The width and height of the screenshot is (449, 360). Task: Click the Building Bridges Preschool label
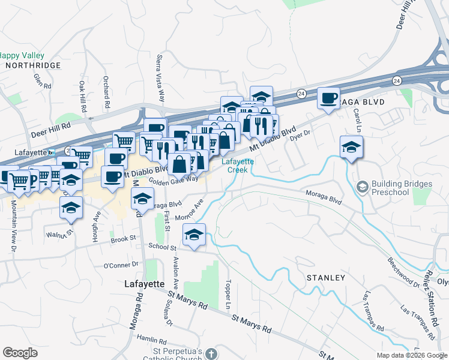(x=390, y=188)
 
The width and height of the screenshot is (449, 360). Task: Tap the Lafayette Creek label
(x=238, y=165)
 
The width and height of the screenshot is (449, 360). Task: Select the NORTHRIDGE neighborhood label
(x=33, y=65)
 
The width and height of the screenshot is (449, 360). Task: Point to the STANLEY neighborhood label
(x=326, y=278)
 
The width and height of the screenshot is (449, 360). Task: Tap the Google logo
(x=20, y=353)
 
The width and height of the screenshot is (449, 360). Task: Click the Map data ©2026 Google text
(x=411, y=355)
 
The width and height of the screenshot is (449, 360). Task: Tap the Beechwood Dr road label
(x=403, y=272)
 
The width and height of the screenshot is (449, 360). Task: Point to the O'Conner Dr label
(x=121, y=265)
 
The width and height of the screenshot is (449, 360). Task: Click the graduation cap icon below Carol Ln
(x=351, y=146)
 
